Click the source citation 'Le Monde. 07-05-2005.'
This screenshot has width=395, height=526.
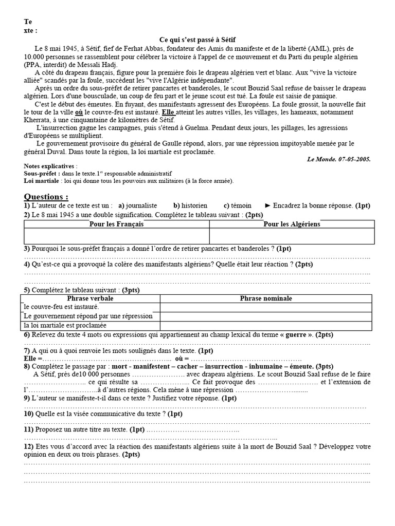tap(338, 159)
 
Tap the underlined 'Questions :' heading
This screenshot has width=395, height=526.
tap(46, 197)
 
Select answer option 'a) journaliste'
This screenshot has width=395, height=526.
tap(137, 205)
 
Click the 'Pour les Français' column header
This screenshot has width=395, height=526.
tap(116, 224)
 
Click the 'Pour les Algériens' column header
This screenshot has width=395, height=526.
tap(292, 224)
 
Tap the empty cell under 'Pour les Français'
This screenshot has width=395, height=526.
tap(116, 236)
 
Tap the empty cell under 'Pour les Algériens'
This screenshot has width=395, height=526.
tap(292, 236)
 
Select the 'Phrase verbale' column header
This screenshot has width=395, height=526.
tap(90, 298)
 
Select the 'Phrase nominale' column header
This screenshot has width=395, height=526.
tap(265, 298)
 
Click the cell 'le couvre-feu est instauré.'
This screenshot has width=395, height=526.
tap(62, 307)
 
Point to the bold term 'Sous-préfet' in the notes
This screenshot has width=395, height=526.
tap(39, 174)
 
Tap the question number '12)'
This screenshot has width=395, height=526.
tap(29, 446)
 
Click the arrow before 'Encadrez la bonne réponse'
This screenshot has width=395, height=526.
tap(267, 205)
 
